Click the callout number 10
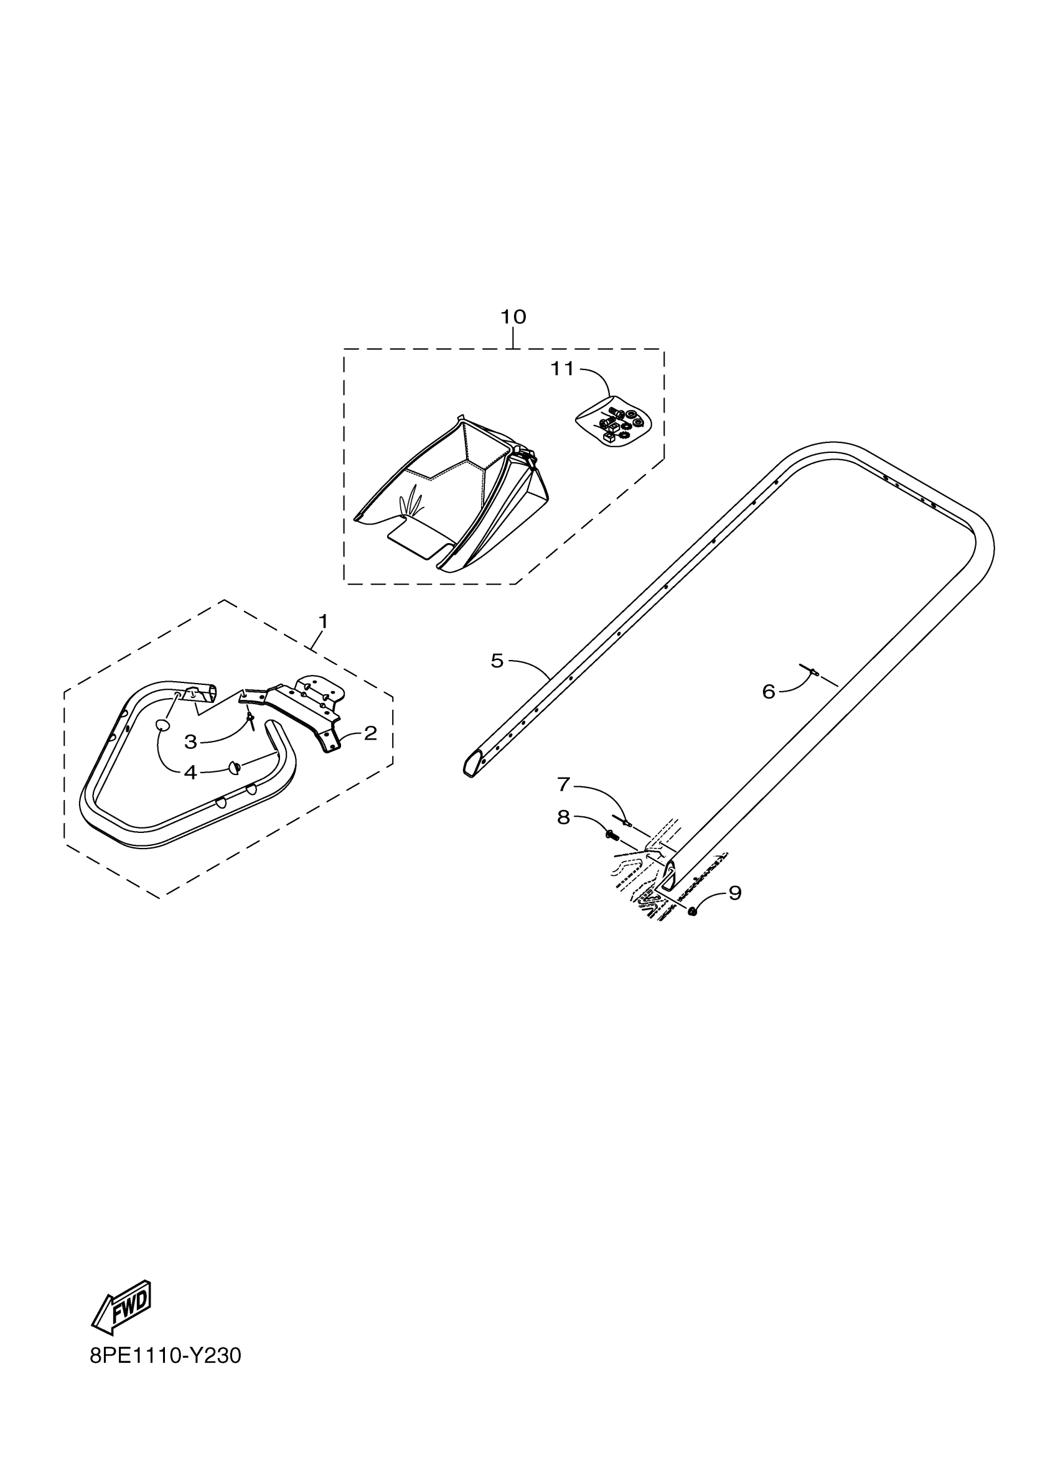pos(513,317)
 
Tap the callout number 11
pos(561,369)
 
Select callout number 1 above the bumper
pos(323,621)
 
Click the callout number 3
pos(190,742)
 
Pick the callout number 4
pos(190,773)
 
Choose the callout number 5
pos(497,661)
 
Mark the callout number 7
pos(563,784)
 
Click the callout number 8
pos(563,817)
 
